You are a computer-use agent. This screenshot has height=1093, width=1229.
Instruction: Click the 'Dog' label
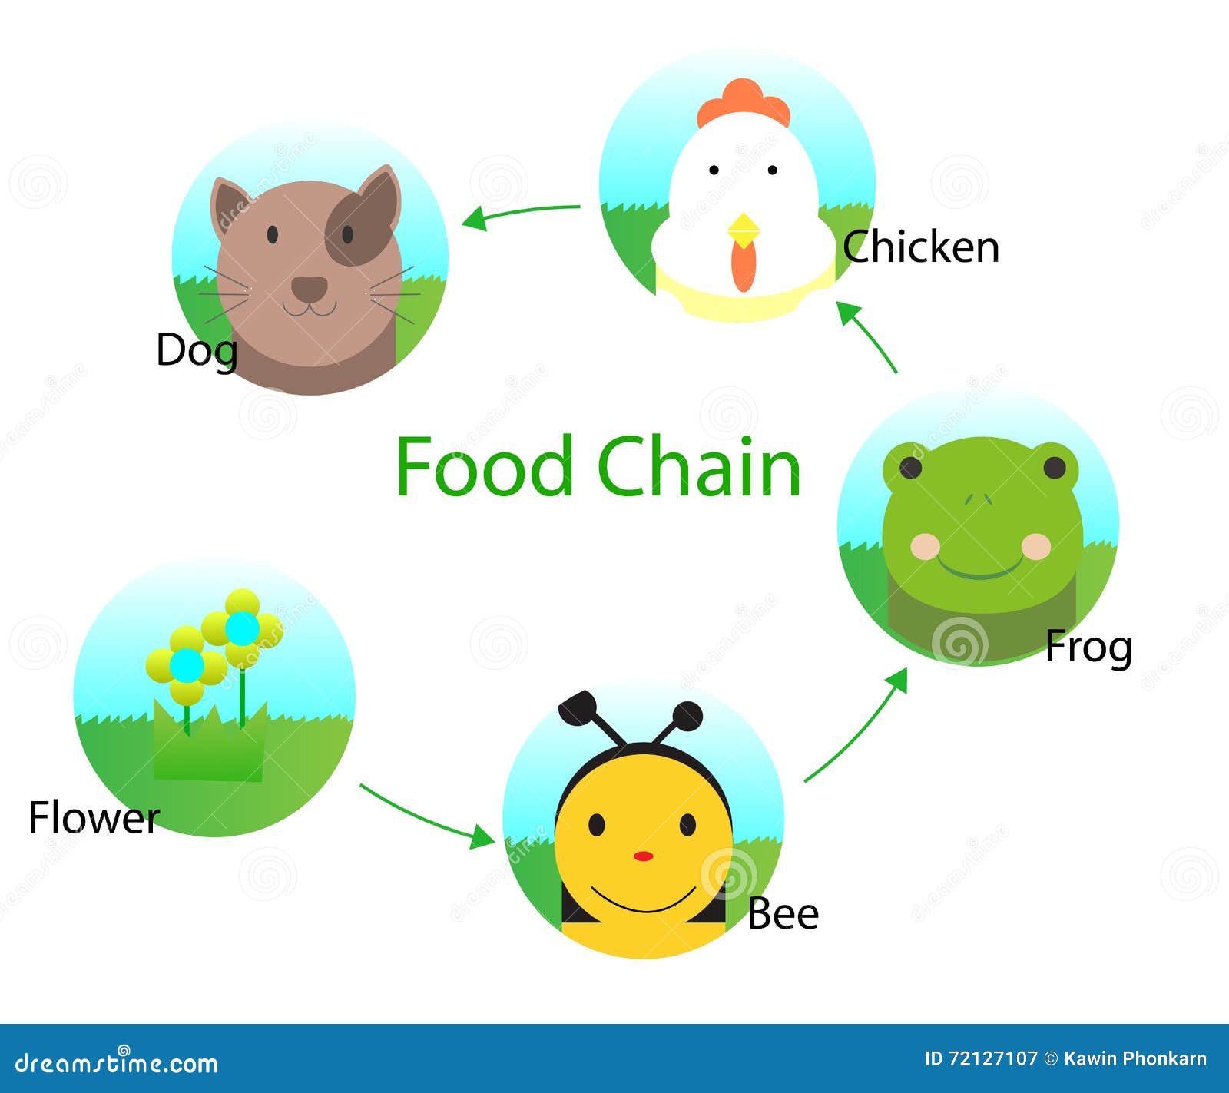[196, 351]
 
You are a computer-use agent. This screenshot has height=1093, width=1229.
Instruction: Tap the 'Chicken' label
[921, 247]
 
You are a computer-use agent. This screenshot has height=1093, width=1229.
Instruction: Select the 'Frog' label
[1088, 647]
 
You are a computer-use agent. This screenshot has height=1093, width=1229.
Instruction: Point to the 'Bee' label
[783, 913]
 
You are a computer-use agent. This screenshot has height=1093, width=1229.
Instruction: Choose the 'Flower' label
[94, 817]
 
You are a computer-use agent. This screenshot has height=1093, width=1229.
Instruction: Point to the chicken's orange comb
[744, 101]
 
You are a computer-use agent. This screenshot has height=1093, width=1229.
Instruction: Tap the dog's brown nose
[310, 289]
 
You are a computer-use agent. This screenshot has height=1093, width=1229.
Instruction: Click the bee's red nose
[644, 856]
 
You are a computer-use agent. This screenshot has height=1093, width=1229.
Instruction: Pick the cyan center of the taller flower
[242, 628]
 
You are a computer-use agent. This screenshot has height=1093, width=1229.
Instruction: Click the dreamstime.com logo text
[117, 1063]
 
